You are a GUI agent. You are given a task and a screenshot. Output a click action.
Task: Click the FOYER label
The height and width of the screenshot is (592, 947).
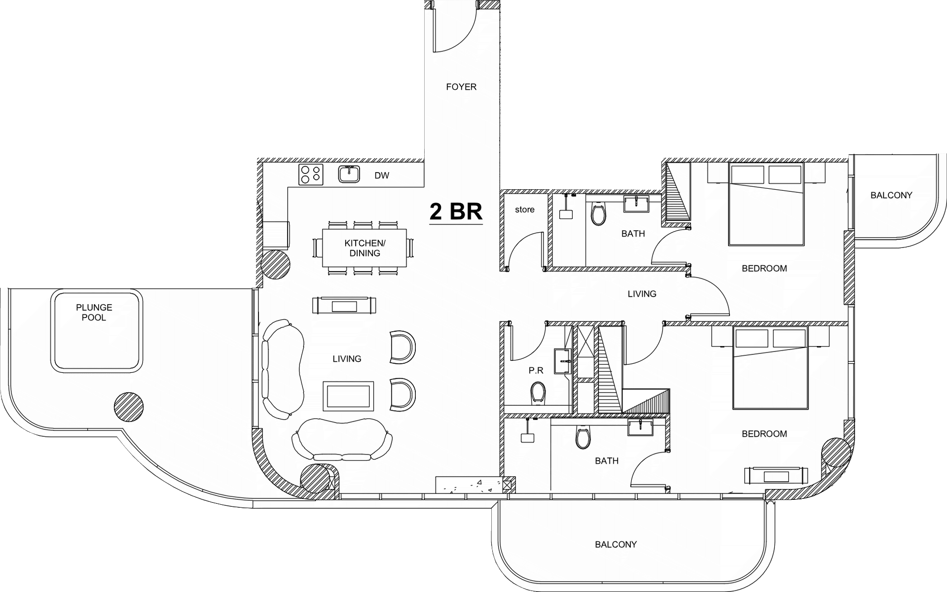pyautogui.click(x=461, y=87)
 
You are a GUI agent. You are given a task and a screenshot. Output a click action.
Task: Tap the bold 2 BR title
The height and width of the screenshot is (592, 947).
pyautogui.click(x=456, y=211)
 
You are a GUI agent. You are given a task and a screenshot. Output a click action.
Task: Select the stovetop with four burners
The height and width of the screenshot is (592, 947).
pyautogui.click(x=311, y=174)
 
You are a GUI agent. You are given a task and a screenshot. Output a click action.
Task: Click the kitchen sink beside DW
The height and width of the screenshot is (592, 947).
pyautogui.click(x=350, y=174)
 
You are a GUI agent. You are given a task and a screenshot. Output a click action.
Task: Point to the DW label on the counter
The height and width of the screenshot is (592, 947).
pyautogui.click(x=382, y=175)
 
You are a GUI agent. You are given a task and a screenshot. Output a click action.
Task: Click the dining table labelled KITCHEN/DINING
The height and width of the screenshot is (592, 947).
pyautogui.click(x=365, y=248)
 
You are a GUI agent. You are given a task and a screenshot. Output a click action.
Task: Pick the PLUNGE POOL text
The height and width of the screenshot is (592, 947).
pyautogui.click(x=94, y=313)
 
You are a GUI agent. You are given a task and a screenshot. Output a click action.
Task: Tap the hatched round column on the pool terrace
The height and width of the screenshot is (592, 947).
pyautogui.click(x=129, y=407)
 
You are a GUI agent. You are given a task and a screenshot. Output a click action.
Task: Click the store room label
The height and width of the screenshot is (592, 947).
pyautogui.click(x=524, y=209)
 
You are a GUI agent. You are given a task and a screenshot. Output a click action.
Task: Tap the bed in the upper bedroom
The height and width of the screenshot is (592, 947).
pyautogui.click(x=766, y=204)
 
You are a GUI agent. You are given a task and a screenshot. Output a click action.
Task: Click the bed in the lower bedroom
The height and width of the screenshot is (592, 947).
pyautogui.click(x=770, y=368)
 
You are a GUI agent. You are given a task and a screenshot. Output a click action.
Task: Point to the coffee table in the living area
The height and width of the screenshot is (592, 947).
pyautogui.click(x=348, y=395)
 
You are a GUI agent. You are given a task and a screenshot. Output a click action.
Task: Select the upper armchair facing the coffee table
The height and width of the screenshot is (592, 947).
pyautogui.click(x=402, y=347)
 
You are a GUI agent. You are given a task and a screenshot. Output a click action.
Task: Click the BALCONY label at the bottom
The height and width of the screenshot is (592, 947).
pyautogui.click(x=616, y=545)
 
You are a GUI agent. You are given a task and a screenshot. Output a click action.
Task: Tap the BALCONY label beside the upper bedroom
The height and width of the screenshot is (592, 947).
pyautogui.click(x=891, y=195)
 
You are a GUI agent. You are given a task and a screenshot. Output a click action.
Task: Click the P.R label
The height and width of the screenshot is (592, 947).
pyautogui.click(x=536, y=370)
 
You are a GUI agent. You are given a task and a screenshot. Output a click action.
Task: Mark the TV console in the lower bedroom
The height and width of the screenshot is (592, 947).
pyautogui.click(x=776, y=475)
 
